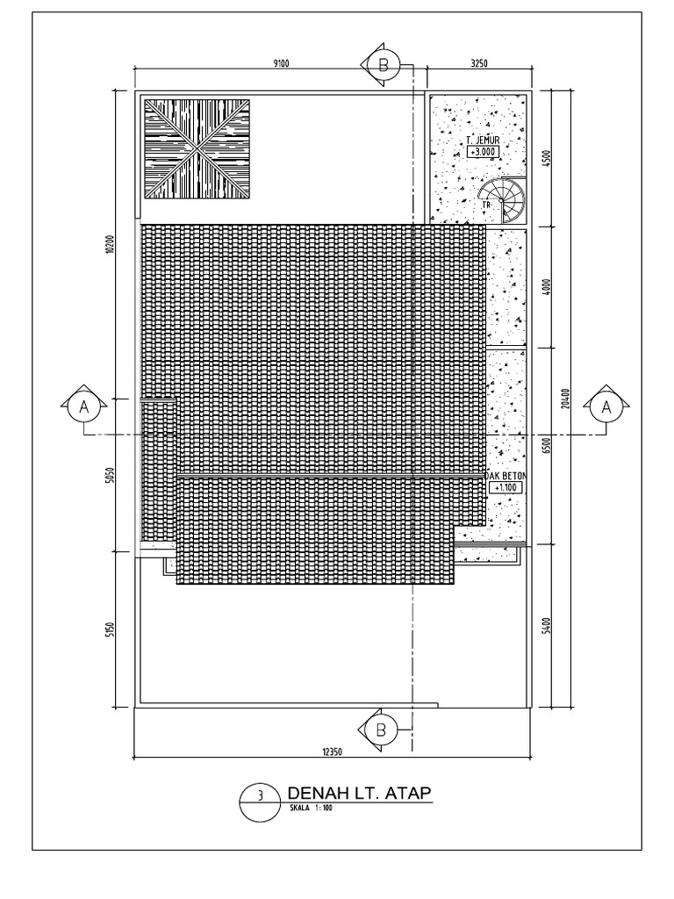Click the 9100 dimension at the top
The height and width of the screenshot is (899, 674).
tap(282, 62)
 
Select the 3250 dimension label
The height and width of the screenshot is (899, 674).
tap(479, 62)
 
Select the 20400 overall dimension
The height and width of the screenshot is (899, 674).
tap(568, 399)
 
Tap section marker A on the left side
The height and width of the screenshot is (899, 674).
tap(84, 406)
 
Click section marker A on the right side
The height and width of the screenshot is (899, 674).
tap(605, 406)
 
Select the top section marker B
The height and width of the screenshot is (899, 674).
tap(383, 64)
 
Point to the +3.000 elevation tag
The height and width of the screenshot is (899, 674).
tap(483, 151)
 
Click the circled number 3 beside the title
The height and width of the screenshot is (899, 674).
tap(260, 798)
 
